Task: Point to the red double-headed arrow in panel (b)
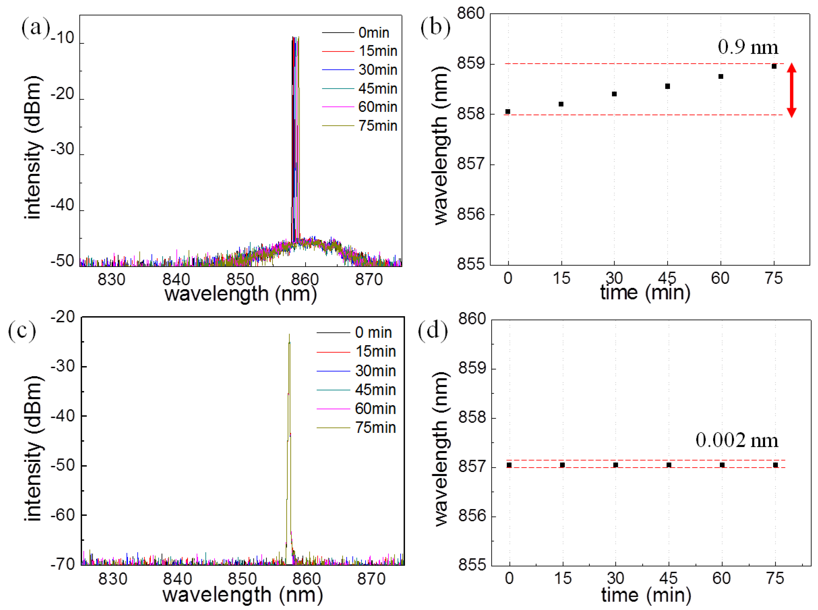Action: click(x=791, y=90)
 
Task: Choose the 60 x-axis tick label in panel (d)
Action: click(x=721, y=578)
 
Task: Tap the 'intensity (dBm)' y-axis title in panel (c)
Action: click(x=34, y=449)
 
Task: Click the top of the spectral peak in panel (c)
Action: click(x=289, y=335)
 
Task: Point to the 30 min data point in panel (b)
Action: click(x=614, y=94)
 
